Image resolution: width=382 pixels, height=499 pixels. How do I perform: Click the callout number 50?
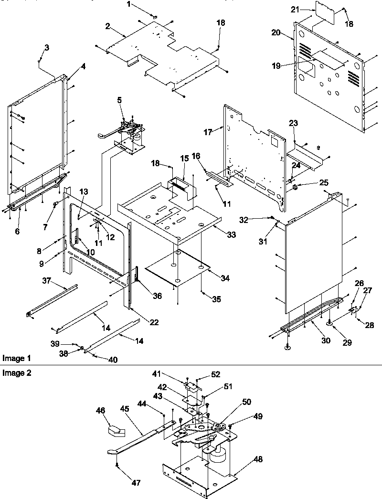tap(247, 402)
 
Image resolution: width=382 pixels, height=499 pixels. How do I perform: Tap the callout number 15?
tap(184, 158)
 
